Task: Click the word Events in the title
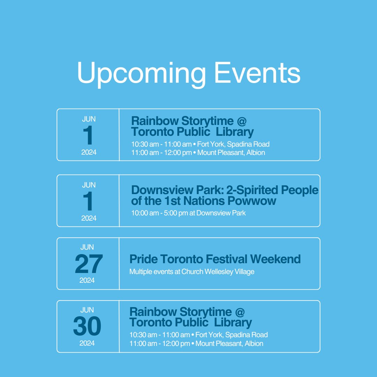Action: pyautogui.click(x=257, y=72)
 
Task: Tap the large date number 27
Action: pyautogui.click(x=89, y=264)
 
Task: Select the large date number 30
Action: pyautogui.click(x=87, y=327)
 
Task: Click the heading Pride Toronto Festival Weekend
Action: pyautogui.click(x=215, y=259)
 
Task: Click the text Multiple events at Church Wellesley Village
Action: pyautogui.click(x=192, y=272)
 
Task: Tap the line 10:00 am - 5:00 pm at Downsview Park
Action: pyautogui.click(x=188, y=213)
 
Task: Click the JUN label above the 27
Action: pyautogui.click(x=87, y=247)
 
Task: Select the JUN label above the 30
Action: pyautogui.click(x=87, y=310)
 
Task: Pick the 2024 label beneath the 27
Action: pyautogui.click(x=87, y=280)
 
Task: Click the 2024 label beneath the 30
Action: pyautogui.click(x=87, y=343)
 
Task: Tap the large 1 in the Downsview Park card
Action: pyautogui.click(x=89, y=202)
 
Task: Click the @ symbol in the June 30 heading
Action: pyautogui.click(x=240, y=312)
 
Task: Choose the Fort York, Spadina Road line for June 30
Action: pyautogui.click(x=198, y=335)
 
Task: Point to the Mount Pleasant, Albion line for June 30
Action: pyautogui.click(x=196, y=343)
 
